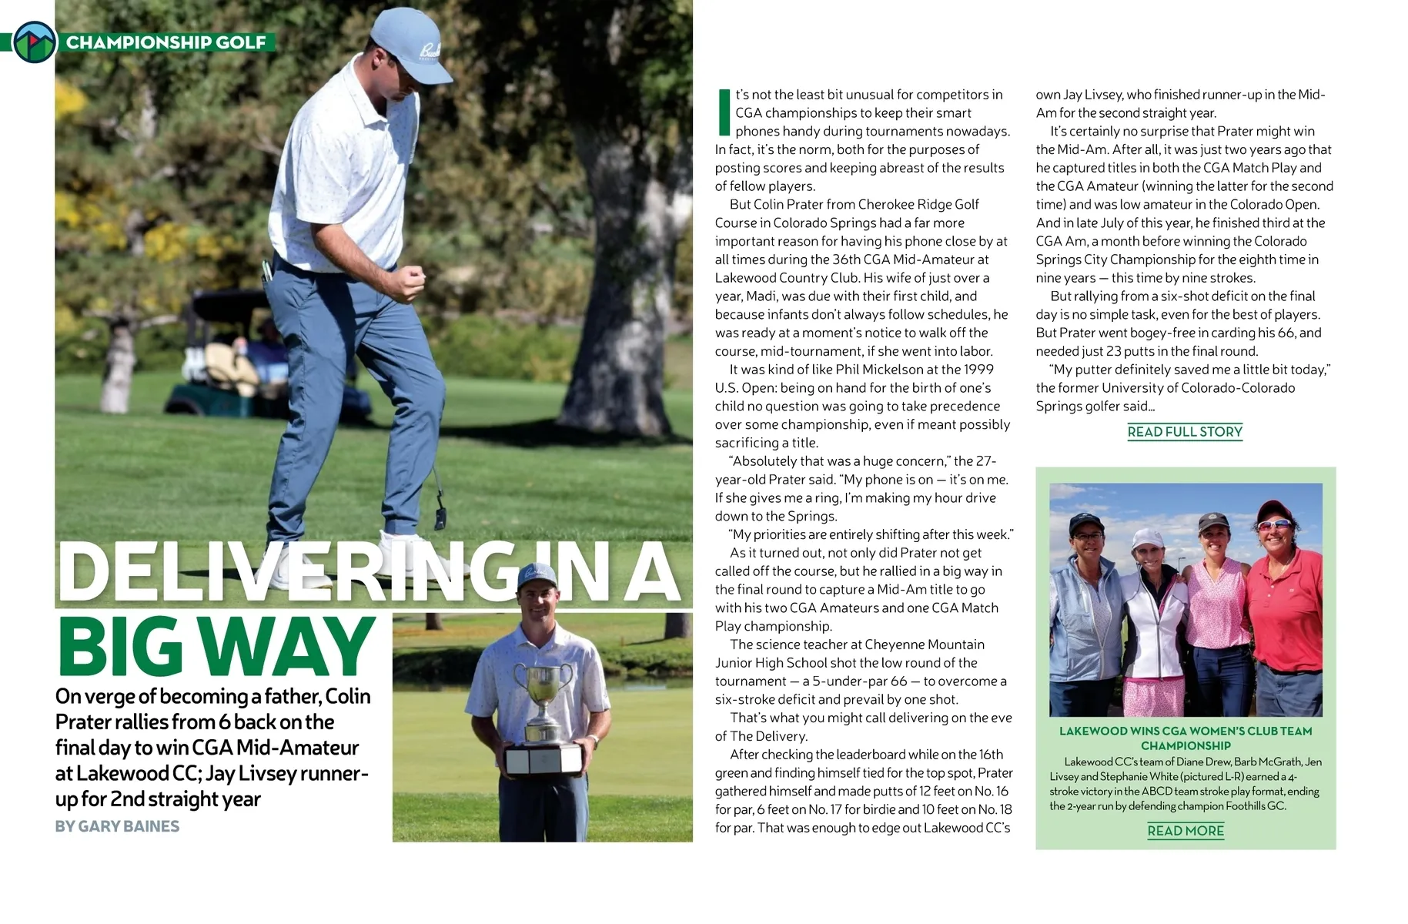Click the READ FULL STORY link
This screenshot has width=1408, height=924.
click(1185, 432)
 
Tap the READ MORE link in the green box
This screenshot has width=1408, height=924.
click(1185, 831)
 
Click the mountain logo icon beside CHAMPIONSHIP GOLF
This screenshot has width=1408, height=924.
click(35, 42)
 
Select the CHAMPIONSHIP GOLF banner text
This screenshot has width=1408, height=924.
click(166, 42)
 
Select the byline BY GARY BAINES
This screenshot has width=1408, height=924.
click(117, 826)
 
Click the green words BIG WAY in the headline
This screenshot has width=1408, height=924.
click(216, 647)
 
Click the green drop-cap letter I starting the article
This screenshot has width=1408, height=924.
click(723, 113)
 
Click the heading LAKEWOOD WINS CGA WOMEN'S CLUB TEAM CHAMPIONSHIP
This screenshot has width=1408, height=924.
click(1185, 738)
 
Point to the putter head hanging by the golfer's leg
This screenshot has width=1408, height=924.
click(440, 517)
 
